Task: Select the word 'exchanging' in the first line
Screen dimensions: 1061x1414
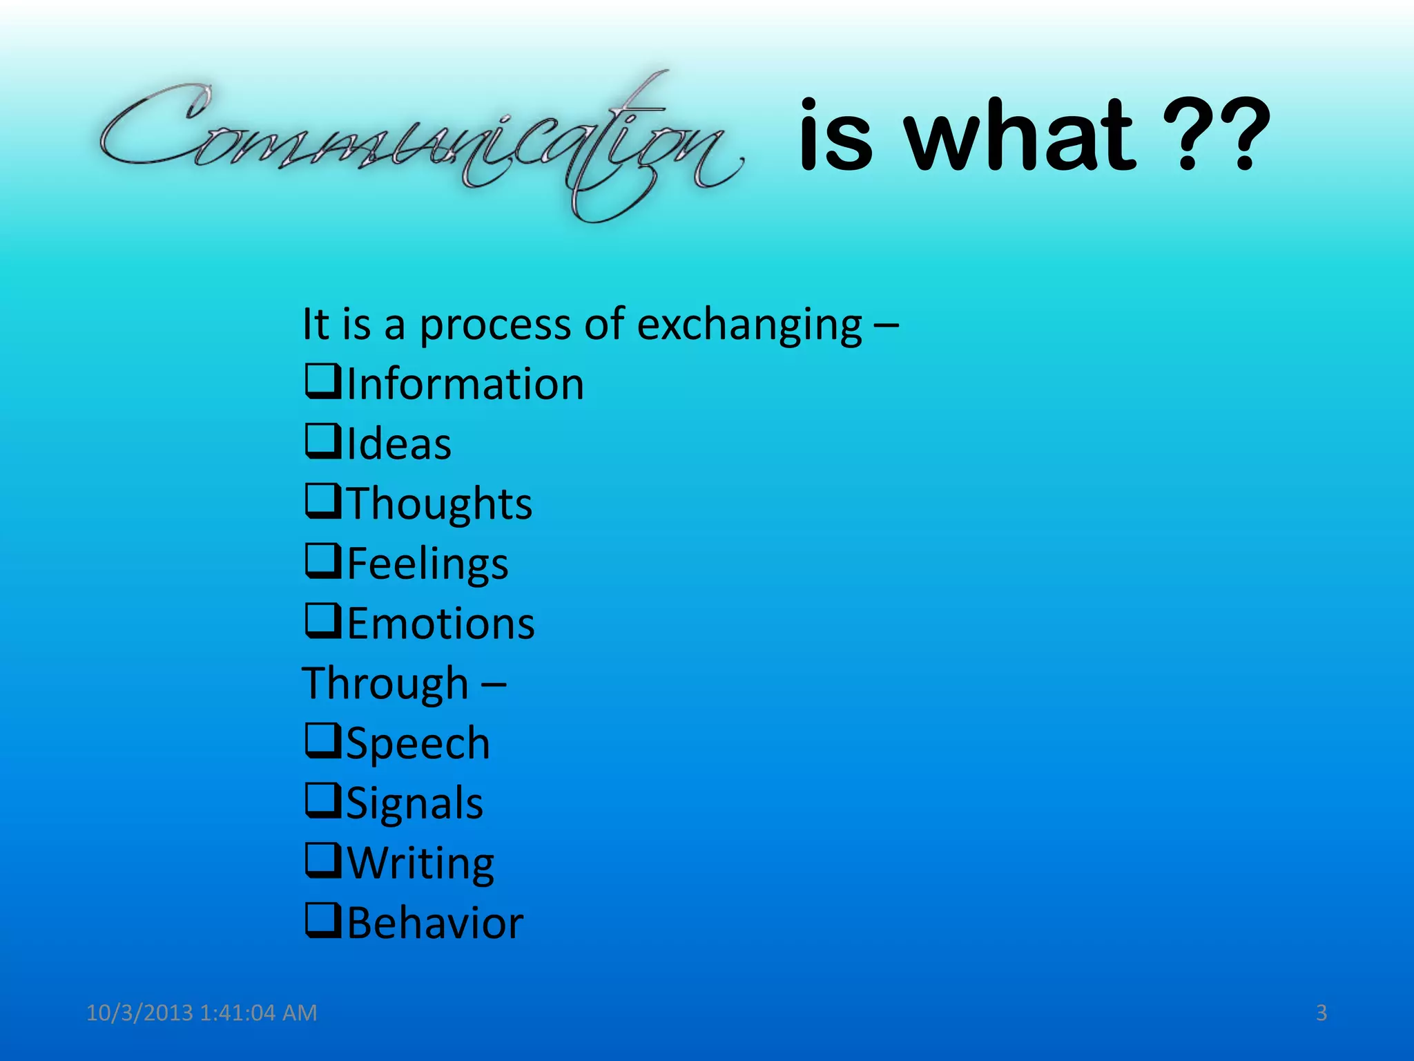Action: [x=749, y=325]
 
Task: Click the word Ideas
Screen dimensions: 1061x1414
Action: [x=399, y=443]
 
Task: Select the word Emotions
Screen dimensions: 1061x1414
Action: [x=440, y=624]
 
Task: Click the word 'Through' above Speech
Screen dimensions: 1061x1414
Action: [x=385, y=684]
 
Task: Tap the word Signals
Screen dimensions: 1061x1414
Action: [x=414, y=803]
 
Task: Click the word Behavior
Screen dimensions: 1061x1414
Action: [x=435, y=923]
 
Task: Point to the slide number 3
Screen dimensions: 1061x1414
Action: [x=1321, y=1013]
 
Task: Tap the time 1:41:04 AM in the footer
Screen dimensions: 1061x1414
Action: [x=258, y=1013]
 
